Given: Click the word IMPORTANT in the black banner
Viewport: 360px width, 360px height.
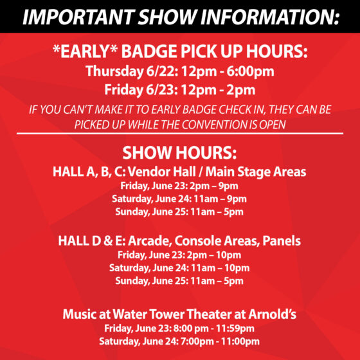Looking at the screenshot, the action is point(78,17).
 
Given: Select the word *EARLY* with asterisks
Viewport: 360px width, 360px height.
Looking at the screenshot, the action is point(85,51).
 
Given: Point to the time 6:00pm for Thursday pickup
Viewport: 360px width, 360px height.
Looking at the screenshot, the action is point(251,71).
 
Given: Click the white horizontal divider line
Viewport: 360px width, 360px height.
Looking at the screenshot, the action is point(180,133).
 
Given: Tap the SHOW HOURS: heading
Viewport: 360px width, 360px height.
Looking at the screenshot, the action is point(179,153).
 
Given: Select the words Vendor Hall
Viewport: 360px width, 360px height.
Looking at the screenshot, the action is point(161,172).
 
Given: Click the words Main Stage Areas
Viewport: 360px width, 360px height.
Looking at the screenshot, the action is point(256,172).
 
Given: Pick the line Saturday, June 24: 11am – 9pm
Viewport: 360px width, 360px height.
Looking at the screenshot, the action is point(179,199).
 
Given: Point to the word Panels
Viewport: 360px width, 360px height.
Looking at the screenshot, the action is point(282,241).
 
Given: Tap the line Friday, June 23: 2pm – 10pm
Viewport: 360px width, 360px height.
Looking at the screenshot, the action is point(179,255).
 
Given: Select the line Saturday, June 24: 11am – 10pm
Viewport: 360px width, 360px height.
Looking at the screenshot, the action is point(179,268).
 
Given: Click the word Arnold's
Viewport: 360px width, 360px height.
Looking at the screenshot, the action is point(273,314).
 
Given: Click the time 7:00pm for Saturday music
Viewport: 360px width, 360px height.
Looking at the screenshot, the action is point(197,341).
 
